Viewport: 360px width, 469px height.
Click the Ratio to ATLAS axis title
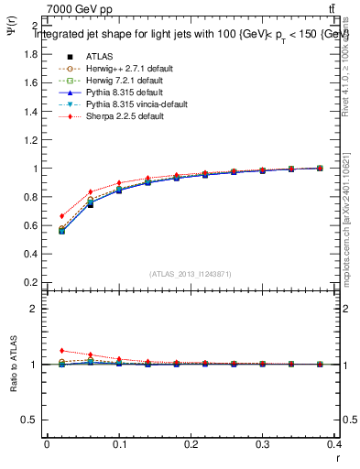pyautogui.click(x=16, y=365)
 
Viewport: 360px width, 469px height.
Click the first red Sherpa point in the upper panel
pyautogui.click(x=61, y=216)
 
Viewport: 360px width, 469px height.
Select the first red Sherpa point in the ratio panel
pyautogui.click(x=61, y=351)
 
